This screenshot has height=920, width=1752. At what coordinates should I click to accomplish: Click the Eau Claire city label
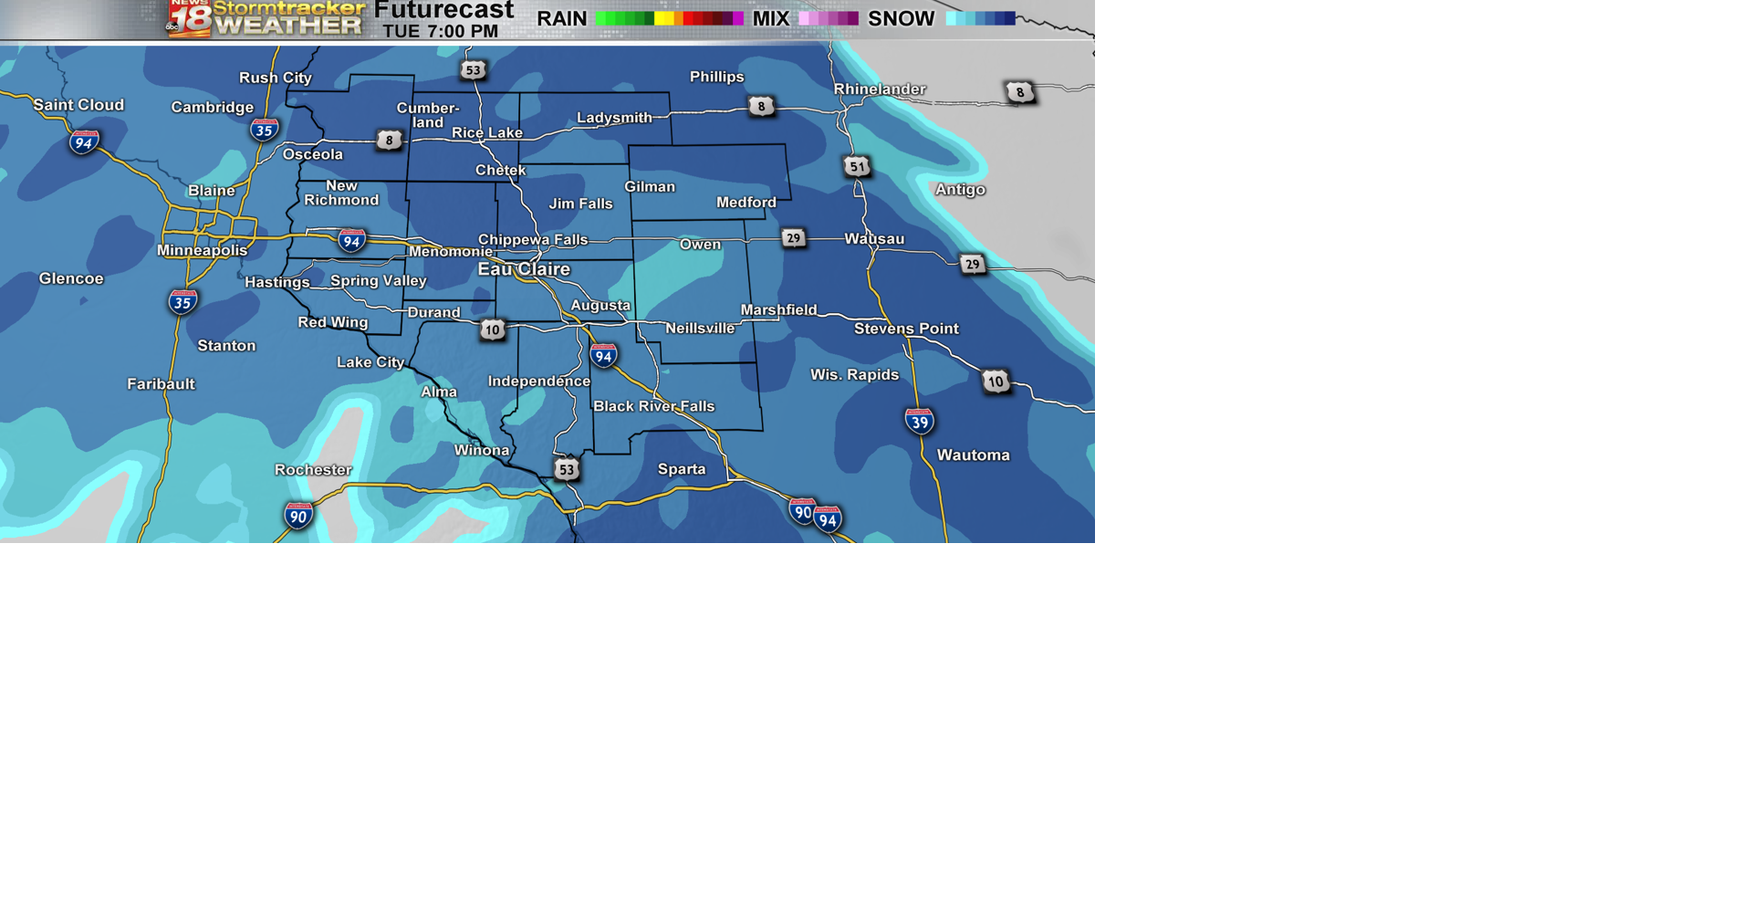524,269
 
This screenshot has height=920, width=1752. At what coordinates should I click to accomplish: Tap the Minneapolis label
202,250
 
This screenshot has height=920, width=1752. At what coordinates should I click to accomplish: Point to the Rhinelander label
880,89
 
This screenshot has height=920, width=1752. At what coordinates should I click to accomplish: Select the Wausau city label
874,239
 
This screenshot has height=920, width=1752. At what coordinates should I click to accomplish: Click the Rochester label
313,470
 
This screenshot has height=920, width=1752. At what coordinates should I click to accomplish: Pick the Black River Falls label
653,406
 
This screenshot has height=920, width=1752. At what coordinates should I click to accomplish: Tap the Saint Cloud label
78,105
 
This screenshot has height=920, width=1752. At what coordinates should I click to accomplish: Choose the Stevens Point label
906,329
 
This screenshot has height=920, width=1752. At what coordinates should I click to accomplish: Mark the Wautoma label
973,455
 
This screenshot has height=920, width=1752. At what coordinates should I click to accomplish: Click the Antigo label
960,190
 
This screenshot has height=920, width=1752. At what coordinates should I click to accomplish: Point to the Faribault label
161,384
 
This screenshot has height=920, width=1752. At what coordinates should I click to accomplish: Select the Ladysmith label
614,118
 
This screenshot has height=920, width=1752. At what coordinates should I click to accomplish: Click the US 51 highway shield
857,166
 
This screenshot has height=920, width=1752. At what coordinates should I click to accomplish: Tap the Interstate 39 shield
919,421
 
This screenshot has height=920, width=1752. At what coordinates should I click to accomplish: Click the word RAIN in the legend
561,19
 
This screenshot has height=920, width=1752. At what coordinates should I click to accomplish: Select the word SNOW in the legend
901,19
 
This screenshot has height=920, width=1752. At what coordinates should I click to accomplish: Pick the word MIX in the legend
770,19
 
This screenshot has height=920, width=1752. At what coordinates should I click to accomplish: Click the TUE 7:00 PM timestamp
440,32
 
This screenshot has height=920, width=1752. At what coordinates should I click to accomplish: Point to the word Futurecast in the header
444,10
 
